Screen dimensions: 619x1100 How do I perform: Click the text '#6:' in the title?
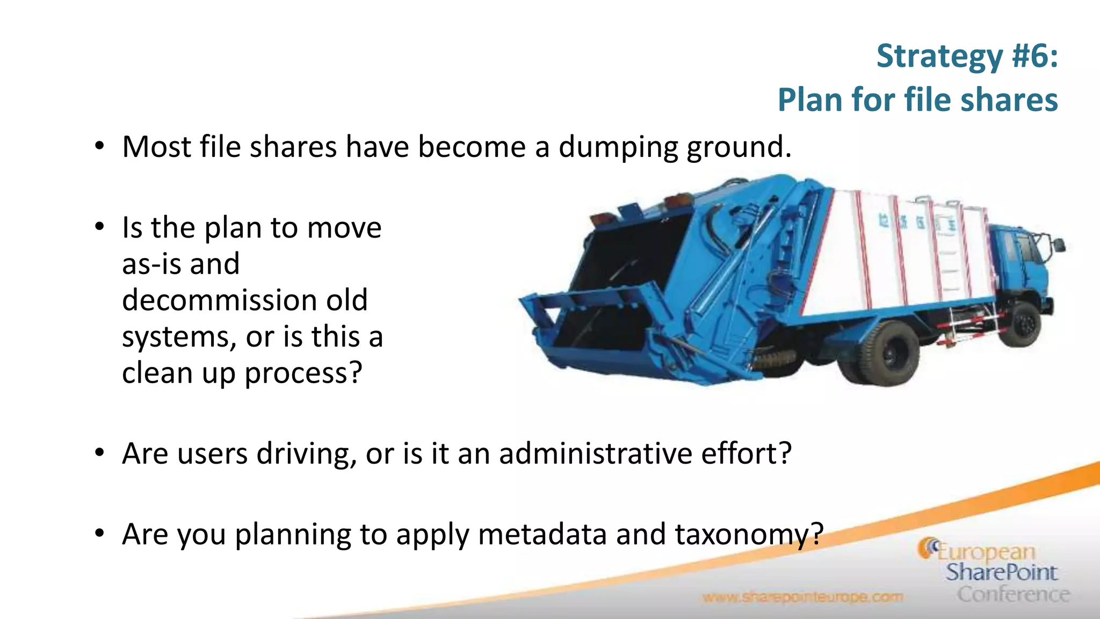click(1034, 56)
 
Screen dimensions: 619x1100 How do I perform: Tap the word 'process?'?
click(303, 373)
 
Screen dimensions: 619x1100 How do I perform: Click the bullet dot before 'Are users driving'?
click(99, 453)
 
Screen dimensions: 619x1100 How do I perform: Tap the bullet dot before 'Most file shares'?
click(99, 146)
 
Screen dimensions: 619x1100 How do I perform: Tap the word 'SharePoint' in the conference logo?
click(1001, 572)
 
